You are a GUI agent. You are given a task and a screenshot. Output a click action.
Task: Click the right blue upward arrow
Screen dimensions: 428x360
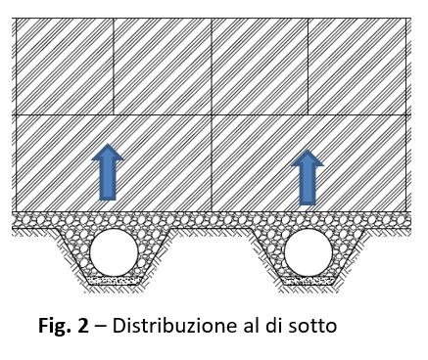[x=309, y=178]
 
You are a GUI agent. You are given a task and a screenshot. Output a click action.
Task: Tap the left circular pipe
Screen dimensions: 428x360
[x=114, y=253]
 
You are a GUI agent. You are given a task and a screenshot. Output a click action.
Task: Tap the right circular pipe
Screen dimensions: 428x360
[x=308, y=253]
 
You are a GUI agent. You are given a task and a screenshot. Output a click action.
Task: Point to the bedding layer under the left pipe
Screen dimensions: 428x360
[x=114, y=281]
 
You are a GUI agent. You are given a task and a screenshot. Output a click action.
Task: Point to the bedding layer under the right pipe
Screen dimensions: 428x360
[x=308, y=281]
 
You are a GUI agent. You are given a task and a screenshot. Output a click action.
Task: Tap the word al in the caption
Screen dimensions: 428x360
[x=242, y=326]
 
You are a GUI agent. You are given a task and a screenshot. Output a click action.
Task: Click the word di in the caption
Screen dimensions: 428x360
[x=268, y=326]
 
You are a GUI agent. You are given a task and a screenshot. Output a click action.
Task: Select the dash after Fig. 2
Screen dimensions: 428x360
[x=101, y=326]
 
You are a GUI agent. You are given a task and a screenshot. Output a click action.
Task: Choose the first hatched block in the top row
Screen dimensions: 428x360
[x=65, y=66]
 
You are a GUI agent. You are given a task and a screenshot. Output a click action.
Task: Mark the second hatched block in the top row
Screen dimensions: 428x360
[x=162, y=66]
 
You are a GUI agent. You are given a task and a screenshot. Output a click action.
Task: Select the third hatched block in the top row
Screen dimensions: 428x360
[x=260, y=66]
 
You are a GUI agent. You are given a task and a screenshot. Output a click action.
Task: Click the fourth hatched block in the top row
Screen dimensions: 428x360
[x=357, y=66]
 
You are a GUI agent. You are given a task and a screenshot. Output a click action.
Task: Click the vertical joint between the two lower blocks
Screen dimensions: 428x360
[x=212, y=161]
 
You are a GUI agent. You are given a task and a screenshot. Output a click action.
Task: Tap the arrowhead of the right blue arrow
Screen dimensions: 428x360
[x=309, y=158]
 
